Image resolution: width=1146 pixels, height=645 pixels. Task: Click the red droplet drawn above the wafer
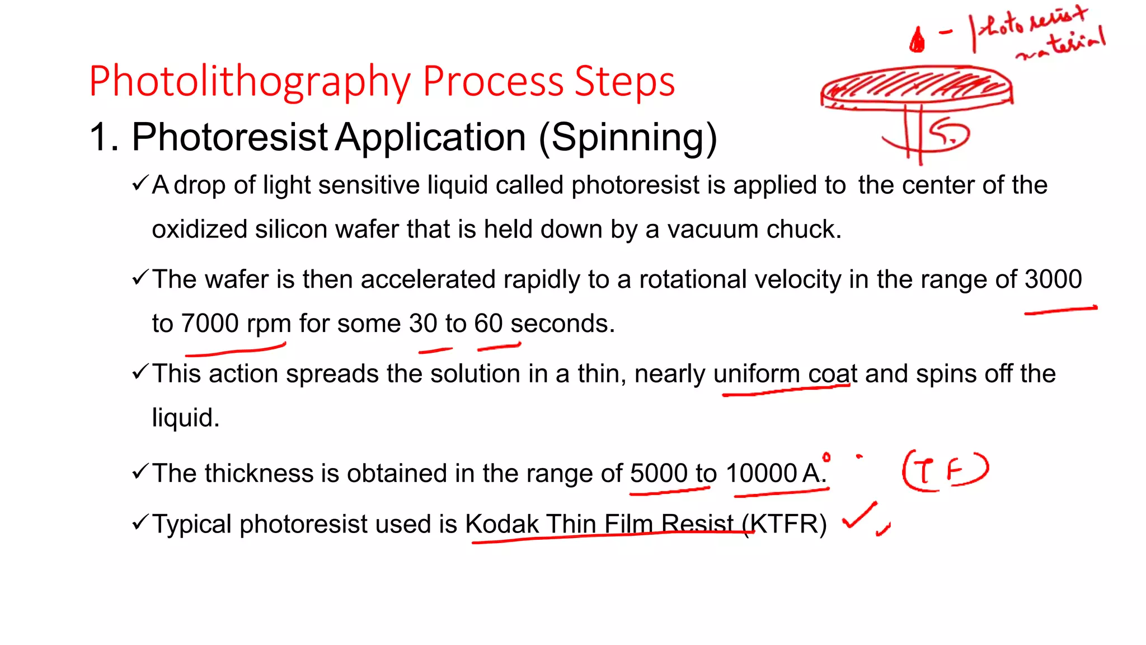click(917, 40)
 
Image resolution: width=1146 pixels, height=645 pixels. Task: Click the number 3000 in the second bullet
click(1053, 279)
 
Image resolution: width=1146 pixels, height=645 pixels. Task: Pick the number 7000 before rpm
click(210, 324)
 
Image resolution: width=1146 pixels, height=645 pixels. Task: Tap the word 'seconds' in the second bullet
click(562, 324)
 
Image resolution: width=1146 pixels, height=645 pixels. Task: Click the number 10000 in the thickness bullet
click(761, 474)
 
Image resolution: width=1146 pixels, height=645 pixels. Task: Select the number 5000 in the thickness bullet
click(659, 474)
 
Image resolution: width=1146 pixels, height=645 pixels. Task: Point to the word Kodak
click(501, 525)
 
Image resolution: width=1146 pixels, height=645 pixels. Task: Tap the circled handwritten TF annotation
click(945, 470)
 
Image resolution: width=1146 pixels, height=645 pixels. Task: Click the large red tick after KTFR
click(859, 516)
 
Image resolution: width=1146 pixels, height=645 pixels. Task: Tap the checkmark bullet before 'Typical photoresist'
click(140, 523)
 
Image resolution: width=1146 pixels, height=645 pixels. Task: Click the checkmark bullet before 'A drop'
click(140, 184)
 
